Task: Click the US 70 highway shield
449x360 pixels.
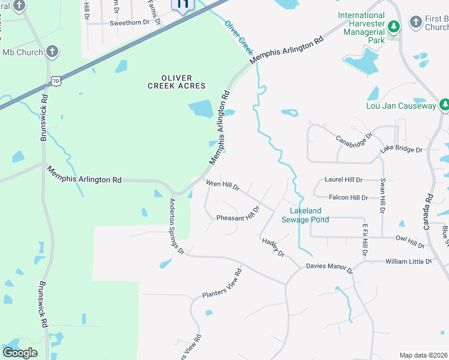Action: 56,80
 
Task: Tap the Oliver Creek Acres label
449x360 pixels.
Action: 176,82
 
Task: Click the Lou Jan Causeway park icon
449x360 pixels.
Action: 444,106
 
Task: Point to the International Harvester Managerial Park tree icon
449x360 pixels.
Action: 394,26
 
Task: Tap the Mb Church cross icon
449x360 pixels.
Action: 52,52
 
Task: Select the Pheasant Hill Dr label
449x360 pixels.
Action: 238,215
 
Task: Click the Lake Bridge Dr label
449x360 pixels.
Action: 402,149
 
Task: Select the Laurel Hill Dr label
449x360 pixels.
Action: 343,179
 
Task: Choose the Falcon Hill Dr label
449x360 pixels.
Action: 348,197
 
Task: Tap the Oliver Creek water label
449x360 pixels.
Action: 239,38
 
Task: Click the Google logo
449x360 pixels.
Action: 20,353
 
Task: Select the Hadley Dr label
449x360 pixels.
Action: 273,247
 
